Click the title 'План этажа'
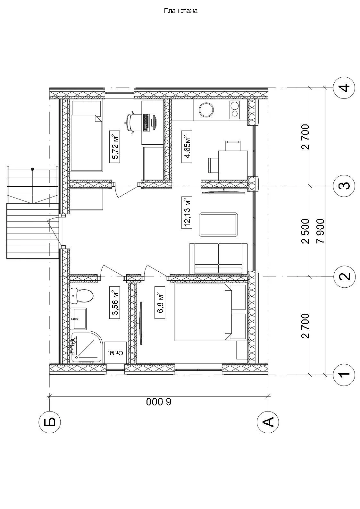coord(180,11)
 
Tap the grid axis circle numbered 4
coord(344,88)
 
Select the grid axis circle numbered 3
coord(344,186)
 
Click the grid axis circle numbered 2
coord(344,276)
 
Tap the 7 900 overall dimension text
coord(321,231)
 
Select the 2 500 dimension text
coord(306,231)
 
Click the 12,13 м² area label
coord(187,212)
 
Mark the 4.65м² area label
coord(187,147)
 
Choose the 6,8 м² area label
coord(160,303)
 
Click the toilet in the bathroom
coord(81,296)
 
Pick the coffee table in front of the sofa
coord(219,225)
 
